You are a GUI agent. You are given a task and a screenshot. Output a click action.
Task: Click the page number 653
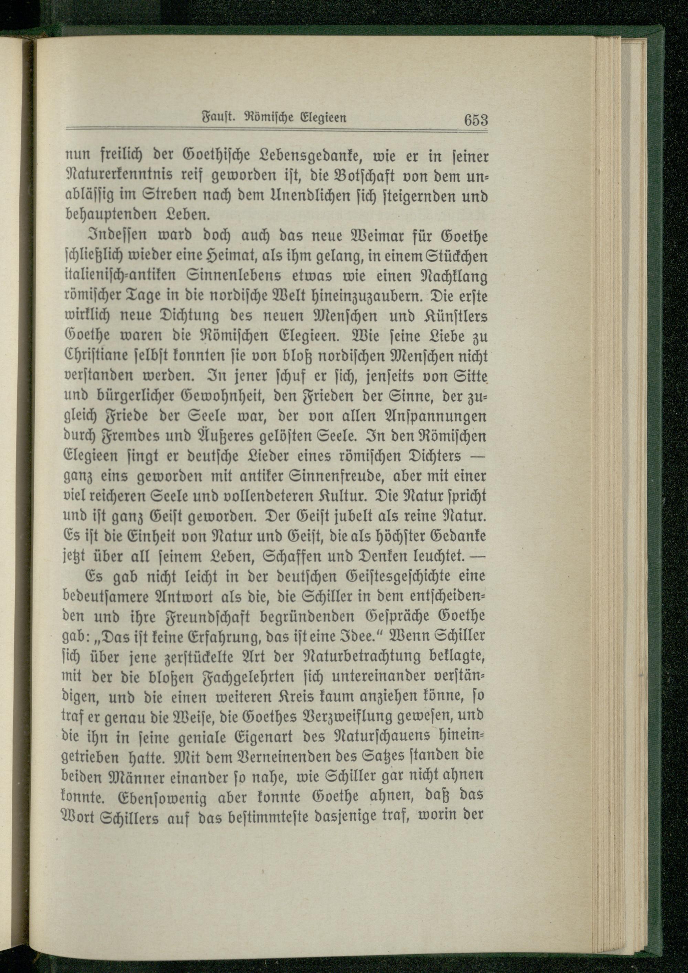[476, 120]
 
